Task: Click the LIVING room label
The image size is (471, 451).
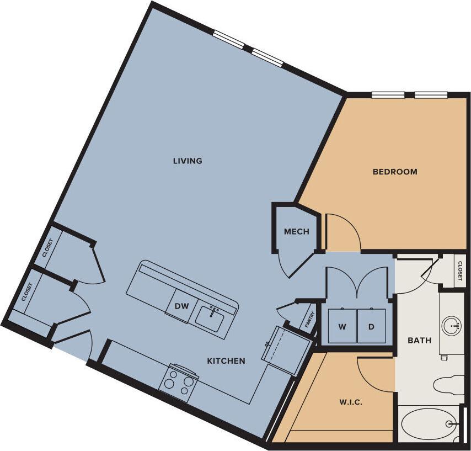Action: [188, 161]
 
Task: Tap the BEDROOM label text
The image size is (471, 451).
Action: [395, 172]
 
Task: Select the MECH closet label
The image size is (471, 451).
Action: [296, 232]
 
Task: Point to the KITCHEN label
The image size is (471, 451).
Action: [226, 361]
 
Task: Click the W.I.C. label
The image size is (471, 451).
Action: [351, 402]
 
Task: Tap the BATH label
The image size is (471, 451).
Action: [419, 341]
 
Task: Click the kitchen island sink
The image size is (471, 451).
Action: [210, 317]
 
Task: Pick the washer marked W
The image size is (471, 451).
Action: [342, 326]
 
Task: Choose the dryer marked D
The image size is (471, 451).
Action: [371, 326]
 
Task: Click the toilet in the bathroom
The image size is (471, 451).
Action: [449, 385]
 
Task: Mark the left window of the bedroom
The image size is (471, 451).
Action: [388, 94]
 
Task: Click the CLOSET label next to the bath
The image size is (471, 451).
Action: [460, 270]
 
